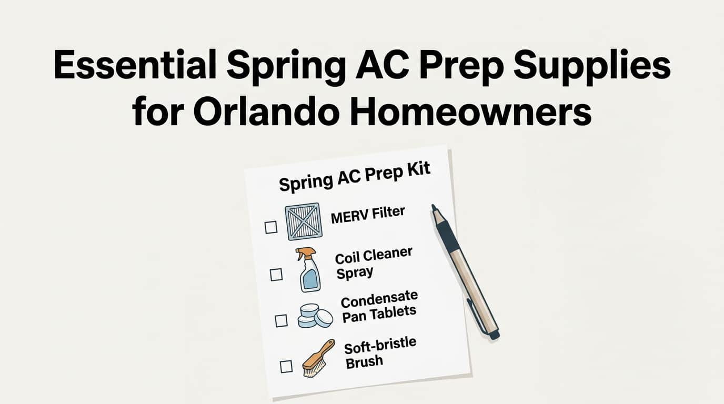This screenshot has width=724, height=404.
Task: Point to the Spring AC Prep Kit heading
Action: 355,176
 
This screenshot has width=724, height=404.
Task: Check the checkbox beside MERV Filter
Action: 271,227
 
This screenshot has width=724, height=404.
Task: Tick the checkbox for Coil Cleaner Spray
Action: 276,274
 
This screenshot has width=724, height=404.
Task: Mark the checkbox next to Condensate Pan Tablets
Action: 281,320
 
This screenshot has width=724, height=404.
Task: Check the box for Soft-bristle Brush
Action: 286,366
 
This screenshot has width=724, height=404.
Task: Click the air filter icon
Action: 303,222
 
